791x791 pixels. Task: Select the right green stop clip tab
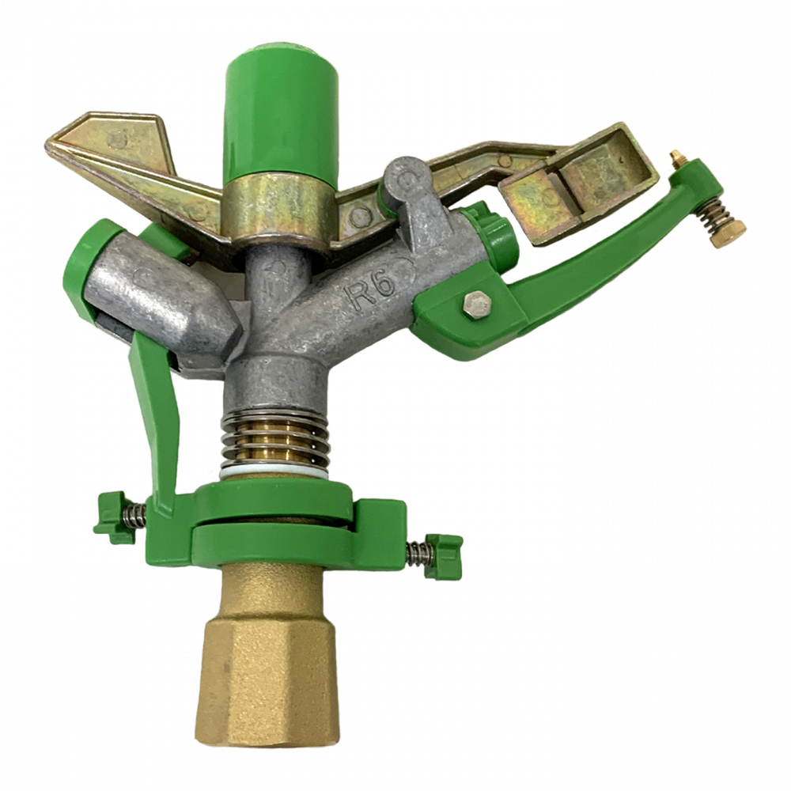(442, 556)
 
